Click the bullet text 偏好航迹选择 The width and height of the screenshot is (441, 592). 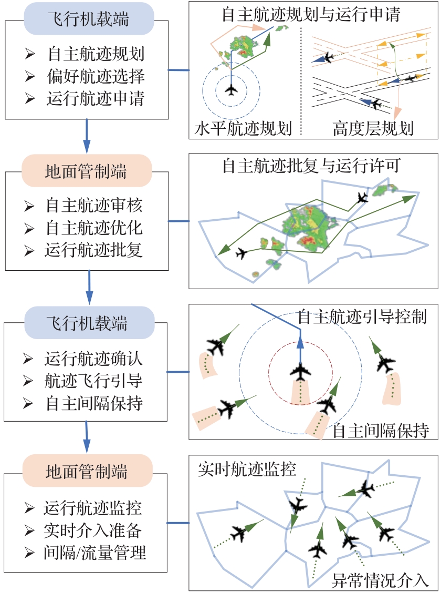tap(95, 76)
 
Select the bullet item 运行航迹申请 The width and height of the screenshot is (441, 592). tap(95, 99)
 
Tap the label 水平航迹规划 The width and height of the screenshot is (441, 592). tap(243, 129)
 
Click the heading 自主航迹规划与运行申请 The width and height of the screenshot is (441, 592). tap(311, 14)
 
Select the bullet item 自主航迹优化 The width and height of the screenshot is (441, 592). tap(94, 228)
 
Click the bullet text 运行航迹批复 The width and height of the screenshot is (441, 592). tap(94, 251)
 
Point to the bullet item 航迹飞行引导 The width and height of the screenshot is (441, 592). tap(94, 381)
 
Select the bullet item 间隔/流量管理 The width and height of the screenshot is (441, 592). tap(94, 553)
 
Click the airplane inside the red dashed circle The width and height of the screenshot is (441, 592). tap(300, 371)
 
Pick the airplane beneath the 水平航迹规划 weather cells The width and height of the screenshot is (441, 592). tap(231, 89)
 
